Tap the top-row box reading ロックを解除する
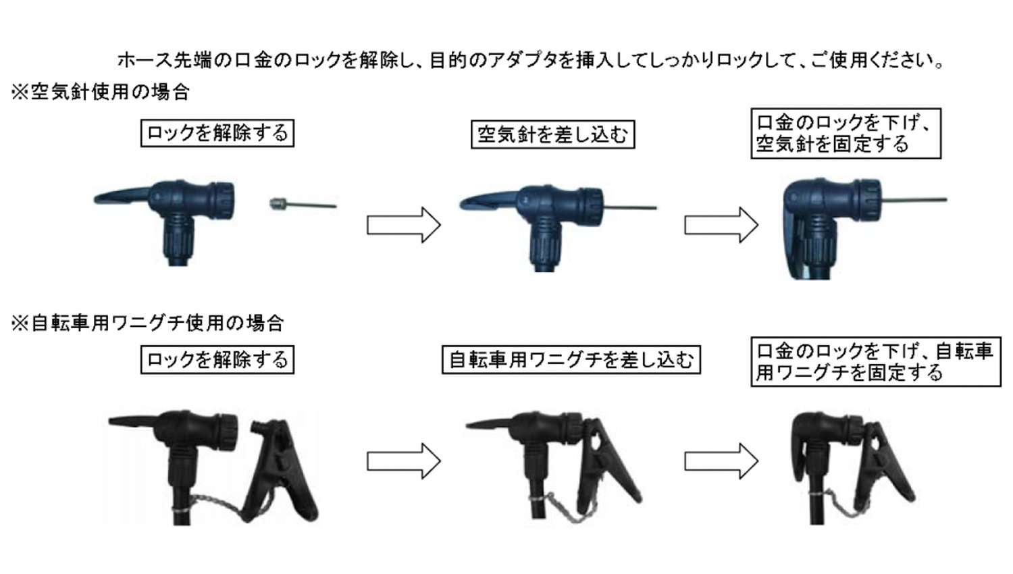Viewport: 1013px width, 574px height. pyautogui.click(x=217, y=132)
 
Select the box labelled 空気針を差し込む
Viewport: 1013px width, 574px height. pyautogui.click(x=552, y=134)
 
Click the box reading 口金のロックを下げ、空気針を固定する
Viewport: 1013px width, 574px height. pyautogui.click(x=845, y=134)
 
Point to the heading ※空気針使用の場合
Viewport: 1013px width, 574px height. pyautogui.click(x=101, y=92)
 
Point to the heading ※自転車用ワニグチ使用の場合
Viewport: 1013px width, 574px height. pyautogui.click(x=147, y=323)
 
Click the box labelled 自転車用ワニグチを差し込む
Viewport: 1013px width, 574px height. pyautogui.click(x=571, y=359)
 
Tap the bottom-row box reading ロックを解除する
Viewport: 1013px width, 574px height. pyautogui.click(x=217, y=359)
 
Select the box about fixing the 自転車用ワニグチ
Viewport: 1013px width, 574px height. pyautogui.click(x=875, y=362)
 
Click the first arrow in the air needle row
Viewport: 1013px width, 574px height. pyautogui.click(x=403, y=225)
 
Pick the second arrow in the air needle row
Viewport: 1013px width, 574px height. pyautogui.click(x=721, y=225)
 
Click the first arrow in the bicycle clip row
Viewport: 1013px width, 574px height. pyautogui.click(x=403, y=461)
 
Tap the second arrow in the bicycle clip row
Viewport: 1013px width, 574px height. pyautogui.click(x=721, y=461)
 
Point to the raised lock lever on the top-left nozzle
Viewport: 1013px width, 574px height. pyautogui.click(x=122, y=197)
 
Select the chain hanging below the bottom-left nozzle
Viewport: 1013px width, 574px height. pyautogui.click(x=216, y=504)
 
